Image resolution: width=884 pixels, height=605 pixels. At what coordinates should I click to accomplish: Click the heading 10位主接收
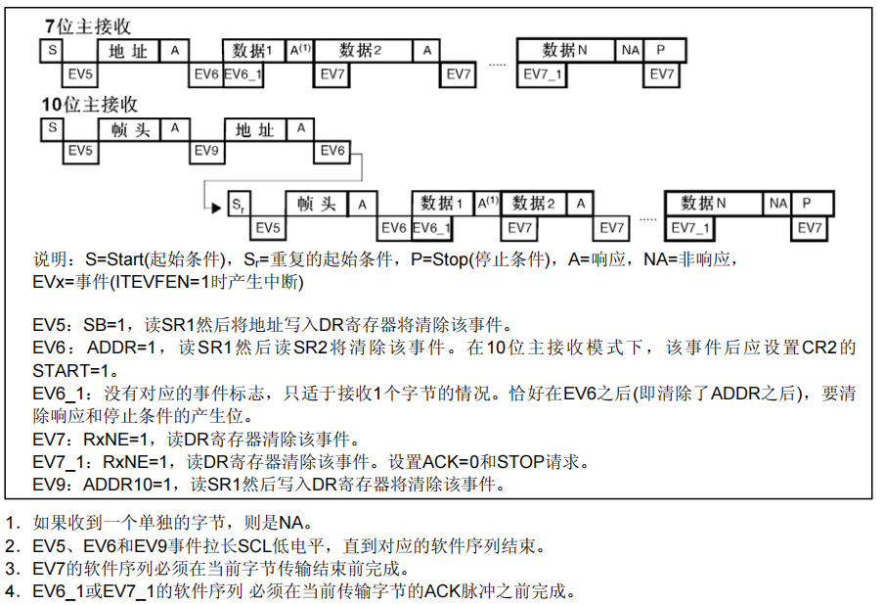tap(89, 104)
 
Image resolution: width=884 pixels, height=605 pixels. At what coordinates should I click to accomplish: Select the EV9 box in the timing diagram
tap(205, 151)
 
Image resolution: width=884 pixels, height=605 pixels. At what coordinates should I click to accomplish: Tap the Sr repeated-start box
tap(239, 205)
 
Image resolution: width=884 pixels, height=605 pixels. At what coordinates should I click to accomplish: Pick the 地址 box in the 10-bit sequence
tap(255, 129)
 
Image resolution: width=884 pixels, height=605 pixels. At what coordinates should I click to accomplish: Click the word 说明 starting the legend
tap(53, 260)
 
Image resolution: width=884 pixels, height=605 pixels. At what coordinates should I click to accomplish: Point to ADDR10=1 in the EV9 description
tap(133, 485)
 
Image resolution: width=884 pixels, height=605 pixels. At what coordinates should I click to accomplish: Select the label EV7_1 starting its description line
tap(63, 461)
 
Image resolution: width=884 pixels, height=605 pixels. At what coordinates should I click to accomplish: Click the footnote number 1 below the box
tap(11, 523)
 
